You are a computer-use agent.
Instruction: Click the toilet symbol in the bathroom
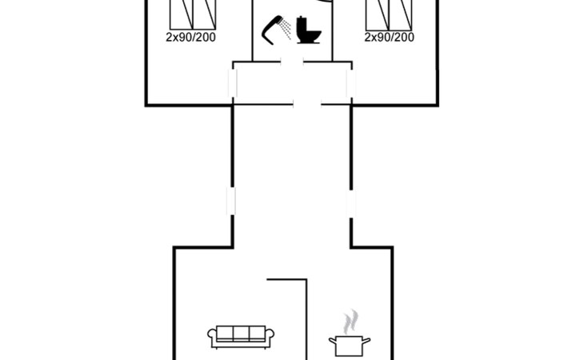(x=309, y=30)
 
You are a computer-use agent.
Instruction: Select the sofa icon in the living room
(x=241, y=337)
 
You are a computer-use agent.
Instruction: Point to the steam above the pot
(x=350, y=322)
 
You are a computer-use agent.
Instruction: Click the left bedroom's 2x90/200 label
(x=190, y=38)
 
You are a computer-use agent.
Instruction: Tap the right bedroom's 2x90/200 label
(x=390, y=38)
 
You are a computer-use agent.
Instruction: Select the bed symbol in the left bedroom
(x=193, y=14)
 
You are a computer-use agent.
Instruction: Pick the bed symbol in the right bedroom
(x=389, y=15)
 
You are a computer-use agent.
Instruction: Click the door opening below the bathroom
(x=292, y=62)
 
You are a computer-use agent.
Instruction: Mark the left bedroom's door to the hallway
(x=233, y=82)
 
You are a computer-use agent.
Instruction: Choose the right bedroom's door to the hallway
(x=351, y=83)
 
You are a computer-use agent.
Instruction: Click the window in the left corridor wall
(x=231, y=201)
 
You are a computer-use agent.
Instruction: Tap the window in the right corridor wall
(x=351, y=204)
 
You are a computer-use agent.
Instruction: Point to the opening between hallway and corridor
(x=307, y=105)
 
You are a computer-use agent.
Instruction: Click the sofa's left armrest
(x=212, y=337)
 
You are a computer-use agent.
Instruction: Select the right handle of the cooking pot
(x=366, y=341)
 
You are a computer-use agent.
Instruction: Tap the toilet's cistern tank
(x=302, y=24)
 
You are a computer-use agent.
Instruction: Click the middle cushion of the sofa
(x=241, y=333)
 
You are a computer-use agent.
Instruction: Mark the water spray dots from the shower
(x=286, y=29)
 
